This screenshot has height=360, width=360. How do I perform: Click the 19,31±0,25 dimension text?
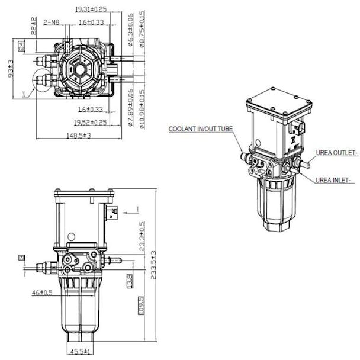(91, 9)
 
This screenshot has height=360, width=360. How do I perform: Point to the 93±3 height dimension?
(10, 68)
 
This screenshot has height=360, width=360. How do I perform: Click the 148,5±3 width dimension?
(81, 136)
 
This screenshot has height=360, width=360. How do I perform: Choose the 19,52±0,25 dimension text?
(91, 123)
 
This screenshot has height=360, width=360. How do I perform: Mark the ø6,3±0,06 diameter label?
(131, 27)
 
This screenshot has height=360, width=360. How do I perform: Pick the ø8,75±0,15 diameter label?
(142, 27)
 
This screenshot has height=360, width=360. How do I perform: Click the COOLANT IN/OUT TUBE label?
(201, 129)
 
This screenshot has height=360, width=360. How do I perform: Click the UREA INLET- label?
(333, 179)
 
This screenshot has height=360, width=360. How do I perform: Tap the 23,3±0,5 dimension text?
(141, 237)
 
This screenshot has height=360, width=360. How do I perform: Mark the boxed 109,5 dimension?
(141, 306)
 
